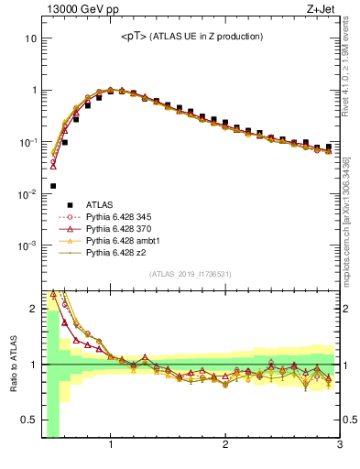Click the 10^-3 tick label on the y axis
coord(27,245)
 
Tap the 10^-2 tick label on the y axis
coord(27,194)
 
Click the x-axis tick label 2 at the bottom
coord(225,446)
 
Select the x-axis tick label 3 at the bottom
coord(339,446)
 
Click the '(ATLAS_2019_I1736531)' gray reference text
coord(191,274)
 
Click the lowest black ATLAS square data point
coord(53,185)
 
